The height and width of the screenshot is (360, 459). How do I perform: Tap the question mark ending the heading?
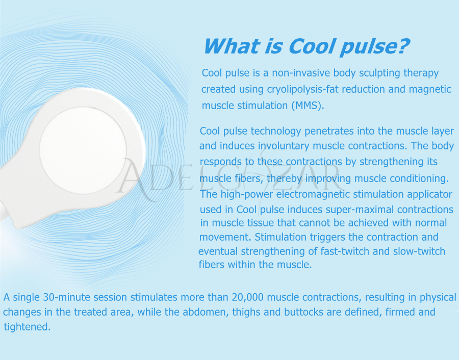403,46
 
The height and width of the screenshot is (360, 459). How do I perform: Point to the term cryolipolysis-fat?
302,90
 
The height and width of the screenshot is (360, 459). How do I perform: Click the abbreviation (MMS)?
308,106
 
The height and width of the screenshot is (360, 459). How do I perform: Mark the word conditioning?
418,178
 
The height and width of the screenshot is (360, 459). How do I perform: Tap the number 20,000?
248,297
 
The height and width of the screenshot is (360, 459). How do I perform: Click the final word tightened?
27,327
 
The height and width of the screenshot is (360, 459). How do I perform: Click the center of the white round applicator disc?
83,150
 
